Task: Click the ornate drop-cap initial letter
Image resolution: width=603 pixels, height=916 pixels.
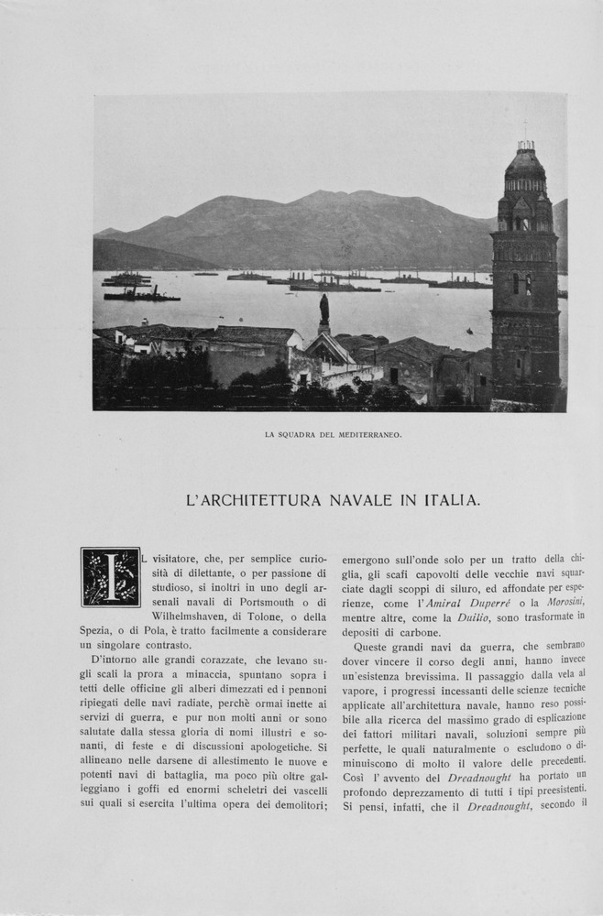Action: click(x=110, y=577)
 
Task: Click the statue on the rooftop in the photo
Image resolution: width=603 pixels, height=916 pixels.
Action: click(x=324, y=311)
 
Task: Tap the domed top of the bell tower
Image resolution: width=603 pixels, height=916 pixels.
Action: click(x=525, y=163)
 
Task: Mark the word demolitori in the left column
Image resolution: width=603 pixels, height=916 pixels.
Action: click(x=293, y=806)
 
